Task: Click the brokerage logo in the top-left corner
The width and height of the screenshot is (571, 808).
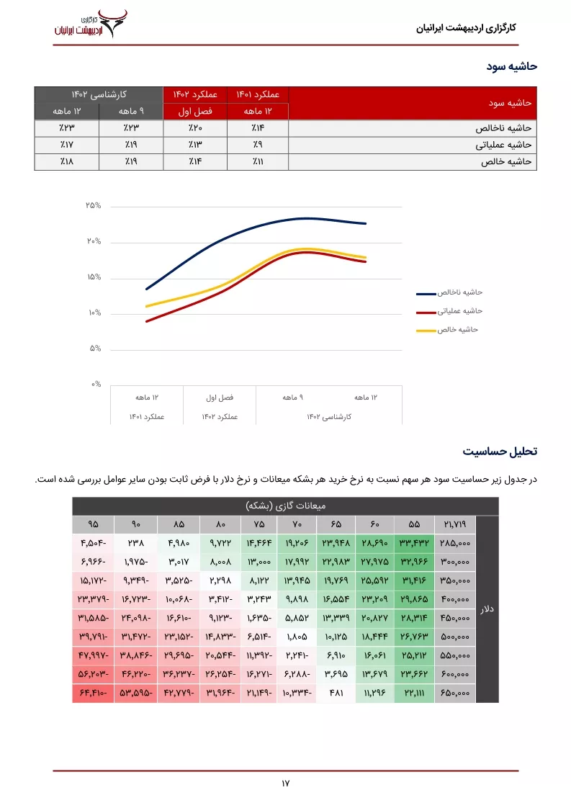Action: click(91, 24)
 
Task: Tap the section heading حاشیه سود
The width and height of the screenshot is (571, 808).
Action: click(512, 66)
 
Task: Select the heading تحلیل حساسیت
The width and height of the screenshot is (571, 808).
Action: click(500, 452)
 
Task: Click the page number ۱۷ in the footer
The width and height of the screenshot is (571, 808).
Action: click(285, 784)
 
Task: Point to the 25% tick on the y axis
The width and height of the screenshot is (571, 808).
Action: click(94, 206)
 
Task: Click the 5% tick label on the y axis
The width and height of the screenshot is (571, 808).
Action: click(95, 349)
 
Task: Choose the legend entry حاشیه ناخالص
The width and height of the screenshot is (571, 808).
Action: click(449, 292)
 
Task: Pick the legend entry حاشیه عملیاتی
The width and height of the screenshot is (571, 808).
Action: click(449, 311)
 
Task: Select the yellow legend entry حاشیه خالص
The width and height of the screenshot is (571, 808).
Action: click(447, 330)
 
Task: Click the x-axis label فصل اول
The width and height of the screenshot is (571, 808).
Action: click(220, 398)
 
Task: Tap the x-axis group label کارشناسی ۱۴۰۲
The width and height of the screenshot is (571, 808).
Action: click(329, 417)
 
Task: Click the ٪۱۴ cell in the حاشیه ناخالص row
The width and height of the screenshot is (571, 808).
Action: click(258, 127)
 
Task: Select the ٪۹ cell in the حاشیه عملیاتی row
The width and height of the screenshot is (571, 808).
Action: click(258, 145)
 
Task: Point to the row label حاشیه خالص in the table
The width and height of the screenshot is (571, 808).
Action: click(506, 162)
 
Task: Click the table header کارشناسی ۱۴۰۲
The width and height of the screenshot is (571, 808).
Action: click(99, 94)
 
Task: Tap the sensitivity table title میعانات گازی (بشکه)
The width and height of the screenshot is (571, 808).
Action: click(285, 506)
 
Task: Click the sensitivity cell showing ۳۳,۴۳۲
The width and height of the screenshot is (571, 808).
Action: click(414, 543)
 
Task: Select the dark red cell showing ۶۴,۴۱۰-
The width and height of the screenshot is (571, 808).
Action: click(94, 693)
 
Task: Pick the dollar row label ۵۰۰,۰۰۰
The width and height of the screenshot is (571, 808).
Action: click(455, 637)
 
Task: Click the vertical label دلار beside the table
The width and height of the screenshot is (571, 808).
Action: click(487, 609)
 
